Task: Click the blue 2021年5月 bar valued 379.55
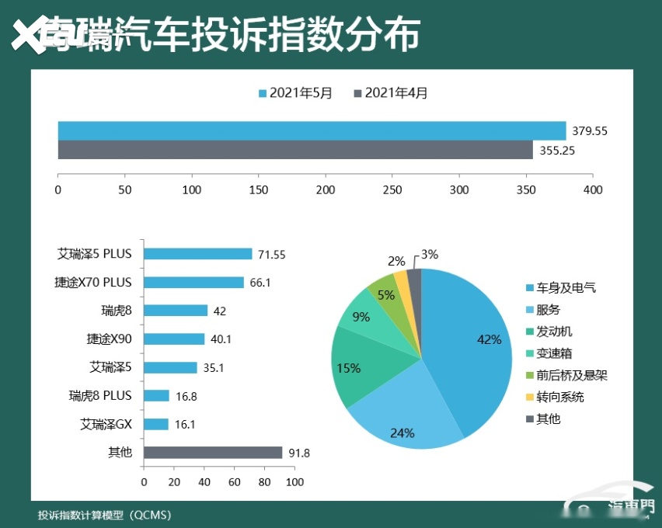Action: point(311,130)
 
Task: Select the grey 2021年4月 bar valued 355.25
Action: point(295,150)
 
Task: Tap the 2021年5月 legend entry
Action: point(295,93)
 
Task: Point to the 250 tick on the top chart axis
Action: point(392,189)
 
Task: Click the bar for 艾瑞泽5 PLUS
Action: point(198,254)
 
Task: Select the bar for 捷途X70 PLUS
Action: point(193,283)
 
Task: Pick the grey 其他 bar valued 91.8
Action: point(213,453)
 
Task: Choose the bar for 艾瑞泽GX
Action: point(155,424)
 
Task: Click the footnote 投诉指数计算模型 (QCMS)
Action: point(104,515)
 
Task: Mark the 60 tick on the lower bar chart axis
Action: point(235,482)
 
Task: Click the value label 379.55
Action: point(589,131)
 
